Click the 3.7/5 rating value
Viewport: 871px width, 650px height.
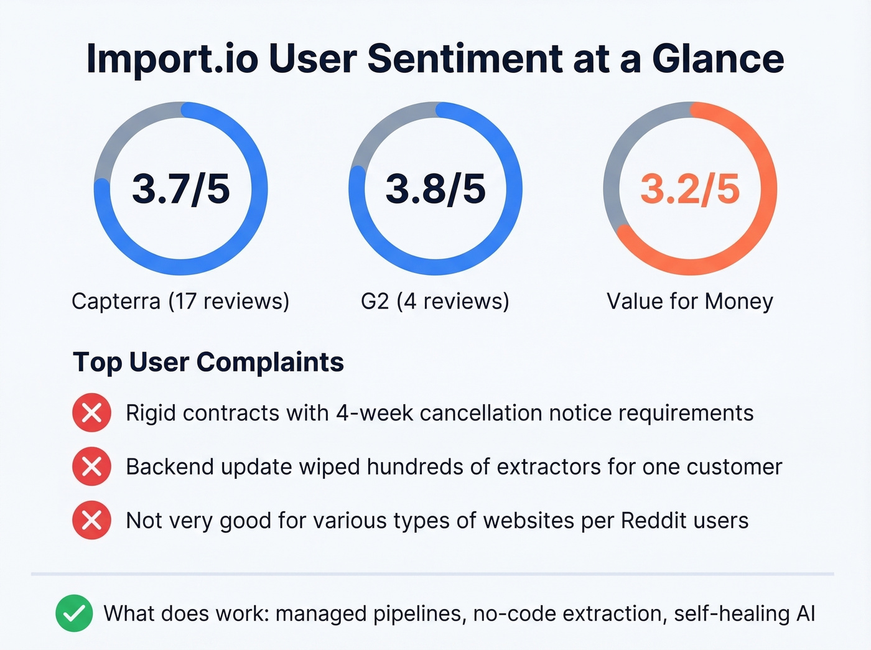tap(181, 189)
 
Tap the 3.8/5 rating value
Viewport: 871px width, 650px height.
tap(435, 189)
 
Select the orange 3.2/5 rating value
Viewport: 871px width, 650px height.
tap(690, 189)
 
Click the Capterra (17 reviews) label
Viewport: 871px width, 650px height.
tap(180, 302)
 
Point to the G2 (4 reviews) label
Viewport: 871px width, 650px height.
tap(435, 302)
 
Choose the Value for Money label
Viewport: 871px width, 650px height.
tap(690, 302)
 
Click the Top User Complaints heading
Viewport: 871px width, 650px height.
tap(208, 362)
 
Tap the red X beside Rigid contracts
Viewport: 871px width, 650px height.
tap(92, 413)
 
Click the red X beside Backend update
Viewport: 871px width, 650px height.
tap(92, 467)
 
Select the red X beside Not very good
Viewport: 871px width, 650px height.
tap(92, 520)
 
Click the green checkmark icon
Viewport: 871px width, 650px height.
tap(74, 613)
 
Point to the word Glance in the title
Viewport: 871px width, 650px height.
tap(718, 59)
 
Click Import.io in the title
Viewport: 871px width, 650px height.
tap(172, 59)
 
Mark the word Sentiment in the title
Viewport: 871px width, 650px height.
tap(465, 59)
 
